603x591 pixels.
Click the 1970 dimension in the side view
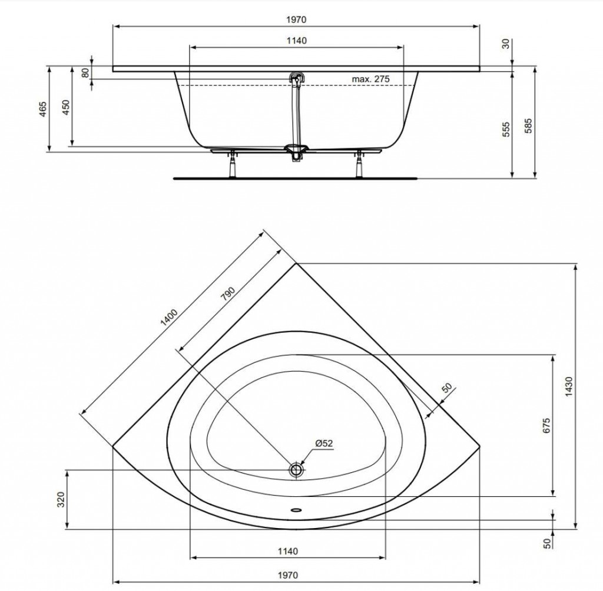tap(296, 19)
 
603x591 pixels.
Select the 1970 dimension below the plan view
tap(287, 575)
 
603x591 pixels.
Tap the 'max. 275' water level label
tap(371, 79)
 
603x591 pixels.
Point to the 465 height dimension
tap(43, 109)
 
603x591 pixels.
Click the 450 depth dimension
tap(66, 108)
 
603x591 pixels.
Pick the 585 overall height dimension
tap(529, 126)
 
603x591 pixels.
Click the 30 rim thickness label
tap(506, 44)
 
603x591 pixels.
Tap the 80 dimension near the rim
tap(86, 72)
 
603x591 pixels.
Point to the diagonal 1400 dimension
tap(169, 317)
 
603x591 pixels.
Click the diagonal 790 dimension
tap(228, 294)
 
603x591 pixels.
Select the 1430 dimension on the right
tap(569, 387)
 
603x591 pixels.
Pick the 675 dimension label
tap(546, 426)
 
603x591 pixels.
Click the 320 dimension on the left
tap(61, 499)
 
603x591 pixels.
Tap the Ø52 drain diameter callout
tap(324, 443)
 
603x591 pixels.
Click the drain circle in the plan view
tap(296, 469)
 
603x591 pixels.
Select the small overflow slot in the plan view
tap(296, 510)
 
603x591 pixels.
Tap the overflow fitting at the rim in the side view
tap(296, 78)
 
